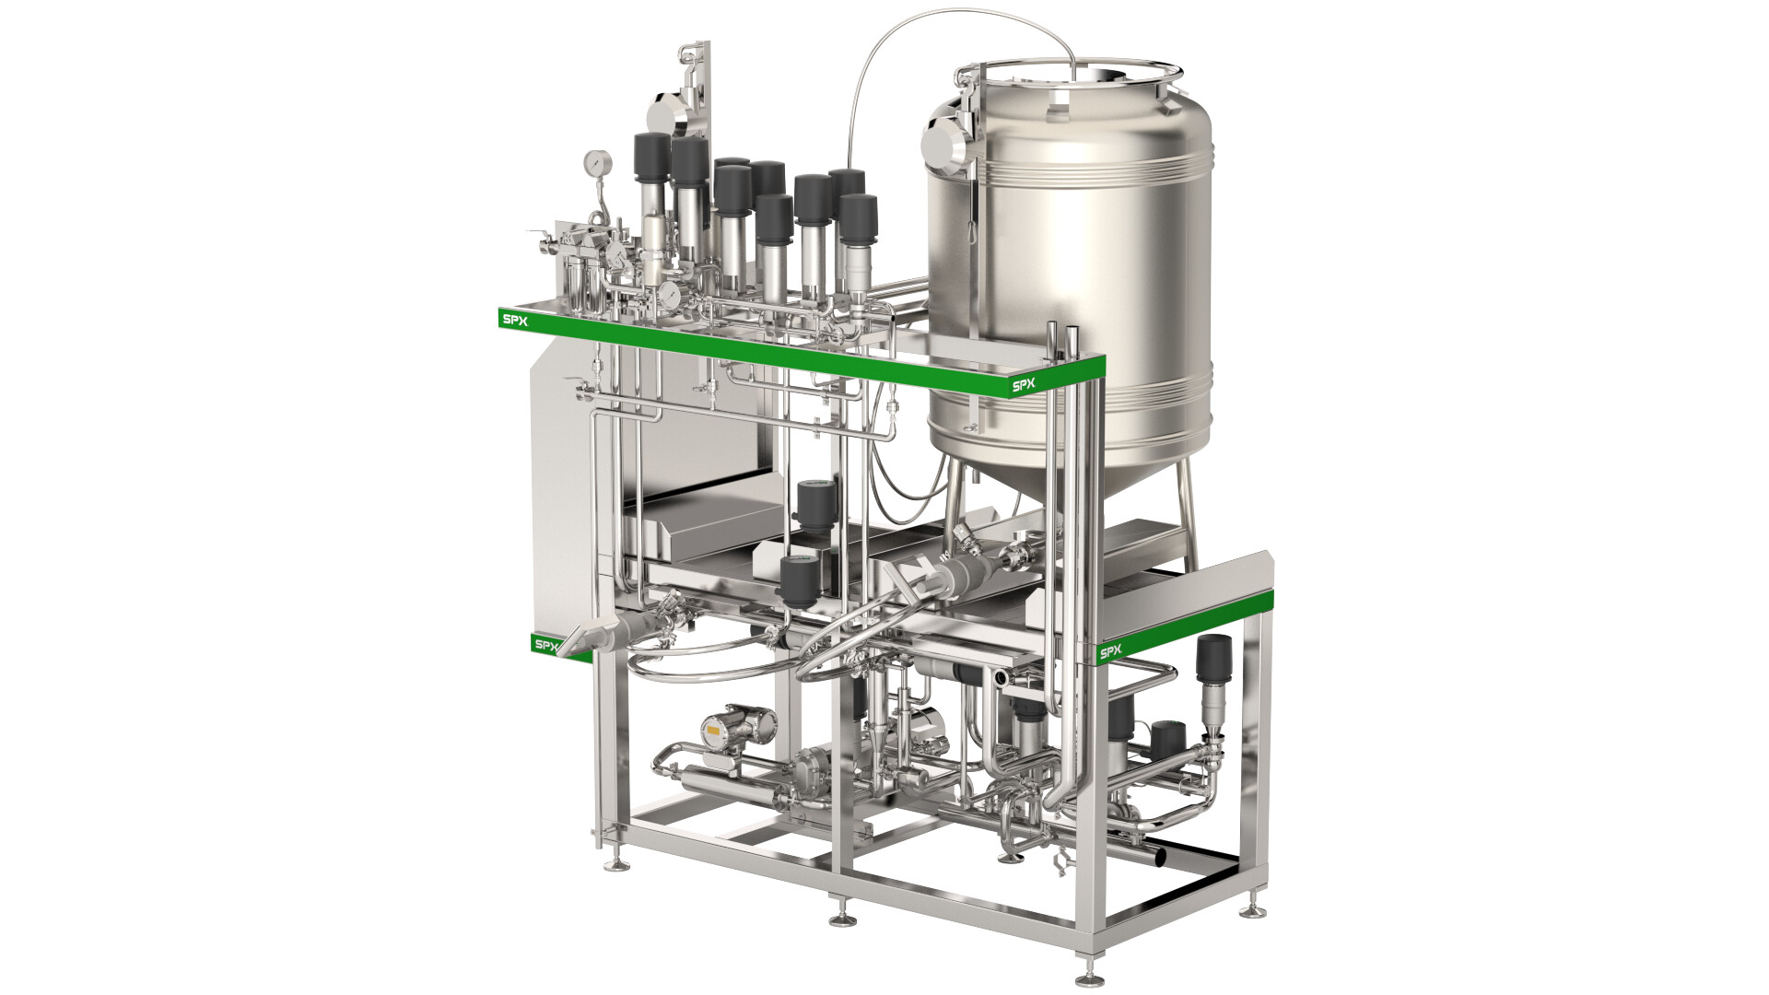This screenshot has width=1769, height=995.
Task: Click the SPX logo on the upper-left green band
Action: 513,320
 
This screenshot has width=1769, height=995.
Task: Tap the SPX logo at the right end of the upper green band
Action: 1024,385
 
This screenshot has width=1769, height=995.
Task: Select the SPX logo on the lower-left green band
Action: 546,645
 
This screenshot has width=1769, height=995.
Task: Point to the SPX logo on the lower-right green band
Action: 1110,652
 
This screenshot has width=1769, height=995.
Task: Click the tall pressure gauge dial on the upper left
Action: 597,164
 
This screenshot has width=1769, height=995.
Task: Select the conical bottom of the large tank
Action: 1060,484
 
